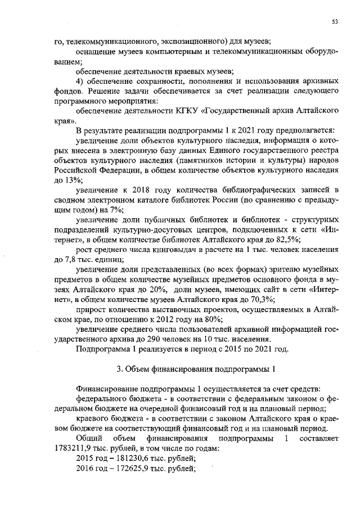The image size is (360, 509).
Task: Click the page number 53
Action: coord(335,21)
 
